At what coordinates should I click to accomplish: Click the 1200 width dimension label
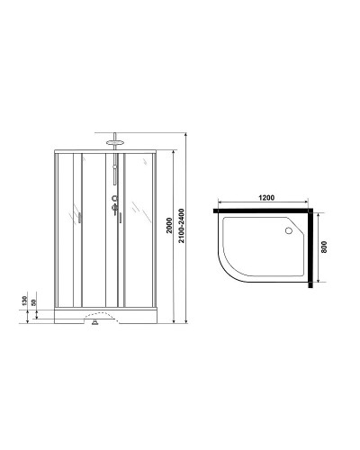click(265, 197)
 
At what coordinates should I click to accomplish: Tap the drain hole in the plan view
click(290, 229)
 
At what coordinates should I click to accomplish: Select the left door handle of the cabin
click(81, 219)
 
